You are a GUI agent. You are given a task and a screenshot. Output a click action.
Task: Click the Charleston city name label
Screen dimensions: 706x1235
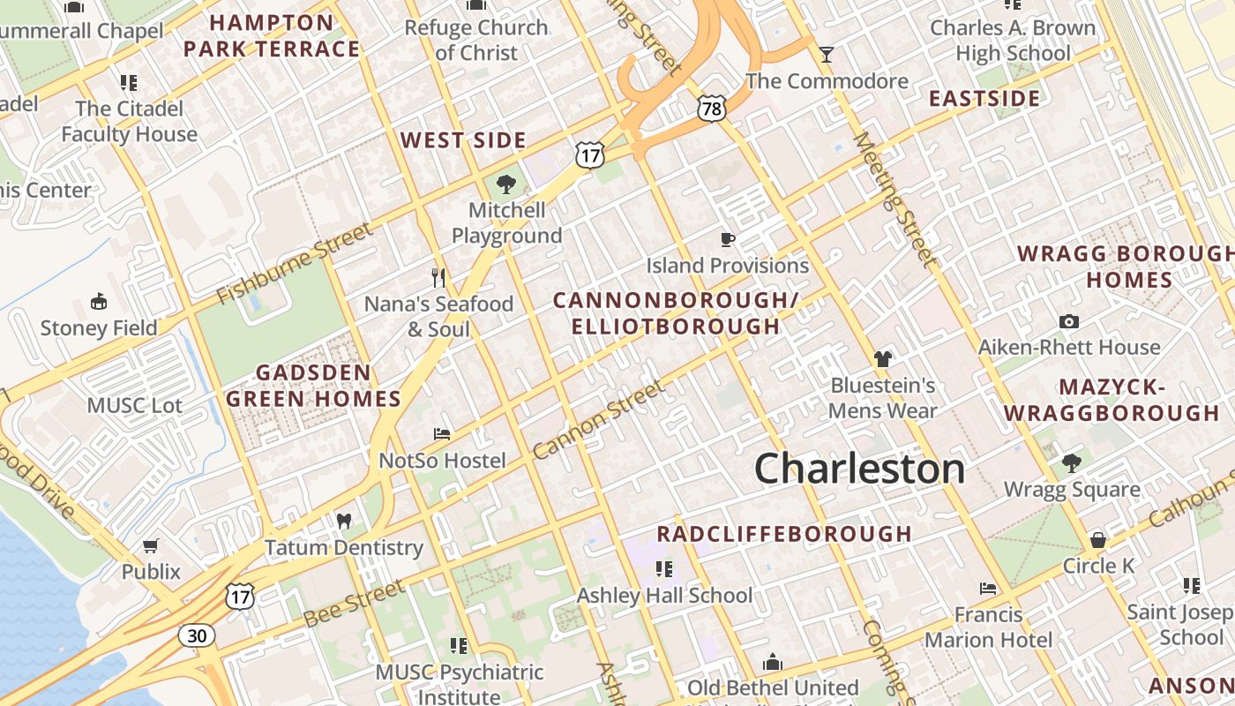point(860,469)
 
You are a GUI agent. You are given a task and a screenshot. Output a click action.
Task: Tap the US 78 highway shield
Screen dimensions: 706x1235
point(711,109)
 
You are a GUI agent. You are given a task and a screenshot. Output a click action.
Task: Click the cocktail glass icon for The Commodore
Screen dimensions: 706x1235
point(826,55)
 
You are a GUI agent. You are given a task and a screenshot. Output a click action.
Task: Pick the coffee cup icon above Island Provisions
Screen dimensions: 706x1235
point(728,239)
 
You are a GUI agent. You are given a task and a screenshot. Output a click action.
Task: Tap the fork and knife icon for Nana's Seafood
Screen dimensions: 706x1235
point(438,278)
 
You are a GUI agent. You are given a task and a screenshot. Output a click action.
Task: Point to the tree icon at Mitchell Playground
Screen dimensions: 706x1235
point(506,184)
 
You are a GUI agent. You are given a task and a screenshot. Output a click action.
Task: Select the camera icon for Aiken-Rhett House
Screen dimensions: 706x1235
point(1069,322)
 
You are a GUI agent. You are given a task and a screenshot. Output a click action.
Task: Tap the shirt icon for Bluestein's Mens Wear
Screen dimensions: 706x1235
point(882,359)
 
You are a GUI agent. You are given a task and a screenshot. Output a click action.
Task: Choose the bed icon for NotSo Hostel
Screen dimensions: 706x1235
point(442,434)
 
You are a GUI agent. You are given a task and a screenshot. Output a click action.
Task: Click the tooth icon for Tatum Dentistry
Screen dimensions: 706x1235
point(344,522)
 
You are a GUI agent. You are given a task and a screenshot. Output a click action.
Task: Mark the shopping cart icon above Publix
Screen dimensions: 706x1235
point(151,546)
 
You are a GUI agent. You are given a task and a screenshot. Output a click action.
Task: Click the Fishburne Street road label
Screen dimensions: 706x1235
point(294,263)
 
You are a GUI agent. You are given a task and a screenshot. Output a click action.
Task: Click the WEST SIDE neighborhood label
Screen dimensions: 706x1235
point(463,140)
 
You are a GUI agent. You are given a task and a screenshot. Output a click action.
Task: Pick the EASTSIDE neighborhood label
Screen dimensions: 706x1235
point(984,98)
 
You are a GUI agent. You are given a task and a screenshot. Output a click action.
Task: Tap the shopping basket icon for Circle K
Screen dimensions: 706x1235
point(1098,539)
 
